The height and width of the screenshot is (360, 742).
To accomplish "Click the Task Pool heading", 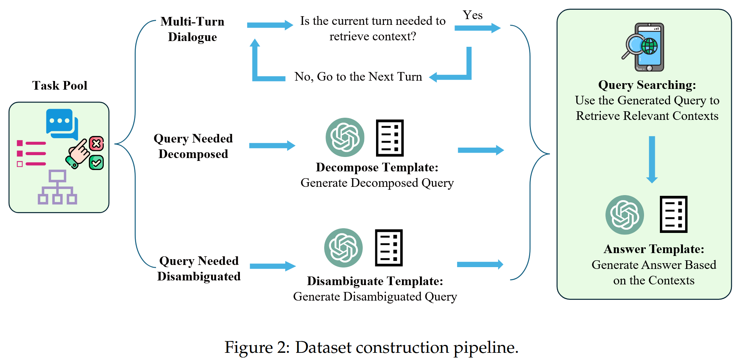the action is tap(60, 85).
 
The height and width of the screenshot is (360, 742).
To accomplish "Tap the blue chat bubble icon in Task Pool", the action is tap(62, 124).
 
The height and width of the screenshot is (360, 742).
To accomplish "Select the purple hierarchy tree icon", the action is tap(57, 187).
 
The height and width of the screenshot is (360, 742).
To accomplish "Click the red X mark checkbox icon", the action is tap(97, 144).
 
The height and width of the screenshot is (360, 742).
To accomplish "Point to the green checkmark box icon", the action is tap(97, 163).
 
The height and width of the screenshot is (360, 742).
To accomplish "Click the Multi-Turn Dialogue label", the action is tap(192, 29).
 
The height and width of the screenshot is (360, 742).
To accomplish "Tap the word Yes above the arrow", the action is tap(473, 15).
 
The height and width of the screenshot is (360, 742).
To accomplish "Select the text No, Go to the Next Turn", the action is tap(358, 77).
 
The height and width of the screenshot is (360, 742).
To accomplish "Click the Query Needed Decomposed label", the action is tap(193, 146).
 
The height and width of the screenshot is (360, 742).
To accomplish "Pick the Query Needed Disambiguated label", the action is tap(199, 269).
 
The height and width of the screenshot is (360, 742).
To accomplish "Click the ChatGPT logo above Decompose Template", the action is tap(345, 137).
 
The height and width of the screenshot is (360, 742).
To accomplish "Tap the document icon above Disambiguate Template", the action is tap(389, 248).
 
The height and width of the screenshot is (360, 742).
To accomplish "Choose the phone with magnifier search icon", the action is tap(643, 47).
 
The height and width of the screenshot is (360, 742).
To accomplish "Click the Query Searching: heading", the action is tap(647, 85).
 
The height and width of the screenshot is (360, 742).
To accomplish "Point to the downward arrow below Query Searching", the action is tap(652, 159).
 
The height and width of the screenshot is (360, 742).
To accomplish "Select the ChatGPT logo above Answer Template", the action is tap(625, 215).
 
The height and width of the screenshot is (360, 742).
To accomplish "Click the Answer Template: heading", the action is tap(654, 249).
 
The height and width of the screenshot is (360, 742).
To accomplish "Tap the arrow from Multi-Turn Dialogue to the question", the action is tap(270, 25).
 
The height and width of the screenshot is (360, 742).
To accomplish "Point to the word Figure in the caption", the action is tap(249, 347).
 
